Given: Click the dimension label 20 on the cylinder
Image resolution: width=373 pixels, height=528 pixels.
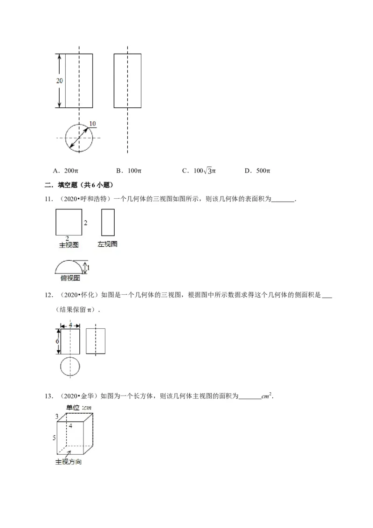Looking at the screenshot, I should coord(60,81).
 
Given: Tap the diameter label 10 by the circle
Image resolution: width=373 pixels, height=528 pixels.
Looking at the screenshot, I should coord(92,124).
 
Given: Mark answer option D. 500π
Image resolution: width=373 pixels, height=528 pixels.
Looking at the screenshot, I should coord(257,171).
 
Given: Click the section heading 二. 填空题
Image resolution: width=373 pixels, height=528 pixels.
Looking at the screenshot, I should coord(79,185).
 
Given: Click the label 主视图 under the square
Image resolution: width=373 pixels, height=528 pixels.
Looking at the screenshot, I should coord(68,244).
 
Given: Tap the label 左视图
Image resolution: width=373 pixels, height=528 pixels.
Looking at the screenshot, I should coord(107,244).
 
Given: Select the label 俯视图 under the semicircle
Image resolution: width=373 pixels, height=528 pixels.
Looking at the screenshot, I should coord(70,278).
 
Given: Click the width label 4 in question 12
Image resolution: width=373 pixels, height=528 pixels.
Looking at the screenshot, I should coord(70,324).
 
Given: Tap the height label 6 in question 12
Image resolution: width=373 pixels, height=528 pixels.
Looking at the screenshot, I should coord(57,341).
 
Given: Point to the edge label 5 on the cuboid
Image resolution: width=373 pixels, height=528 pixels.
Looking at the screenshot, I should coord(54,438).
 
